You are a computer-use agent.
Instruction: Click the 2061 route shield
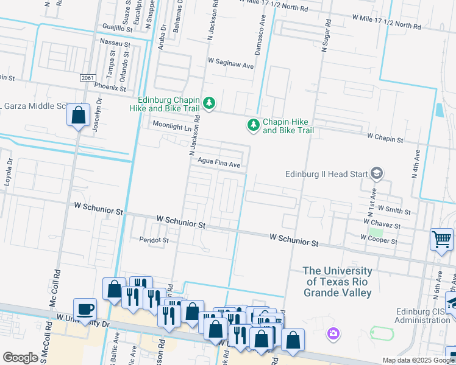pos(88,78)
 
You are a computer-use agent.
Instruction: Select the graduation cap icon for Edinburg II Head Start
pos(377,174)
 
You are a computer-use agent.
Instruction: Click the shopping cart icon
pos(441,238)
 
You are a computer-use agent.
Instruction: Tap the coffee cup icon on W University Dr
pos(85,308)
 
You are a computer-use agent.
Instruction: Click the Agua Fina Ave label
pos(219,164)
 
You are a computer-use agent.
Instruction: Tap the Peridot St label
pos(154,240)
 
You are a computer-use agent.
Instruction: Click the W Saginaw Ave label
pos(230,63)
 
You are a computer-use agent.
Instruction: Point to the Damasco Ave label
pos(262,38)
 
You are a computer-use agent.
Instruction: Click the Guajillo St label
pos(118,28)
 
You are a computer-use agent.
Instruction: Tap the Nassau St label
pos(115,44)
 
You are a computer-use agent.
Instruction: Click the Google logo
pos(20,358)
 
